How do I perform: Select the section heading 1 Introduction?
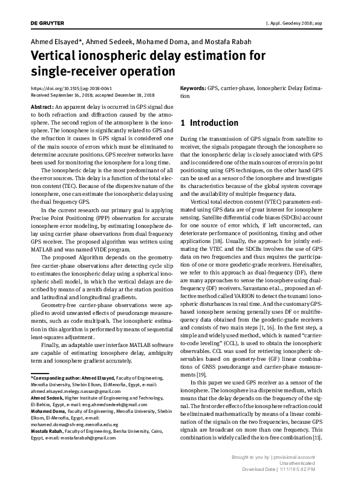pyautogui.click(x=209, y=123)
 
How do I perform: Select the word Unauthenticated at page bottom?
pyautogui.click(x=315, y=462)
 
